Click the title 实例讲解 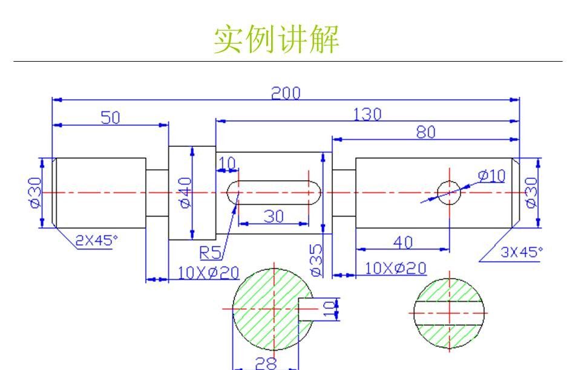click(276, 39)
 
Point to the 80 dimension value click(425, 132)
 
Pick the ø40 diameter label click(185, 192)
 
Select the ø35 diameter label click(316, 260)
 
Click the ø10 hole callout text click(491, 175)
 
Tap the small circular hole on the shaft click(448, 192)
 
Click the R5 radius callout click(210, 251)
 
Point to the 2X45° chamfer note click(93, 240)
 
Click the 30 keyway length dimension click(274, 216)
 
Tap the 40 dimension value click(402, 242)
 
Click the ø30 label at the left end click(34, 192)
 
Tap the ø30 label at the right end click(531, 192)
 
